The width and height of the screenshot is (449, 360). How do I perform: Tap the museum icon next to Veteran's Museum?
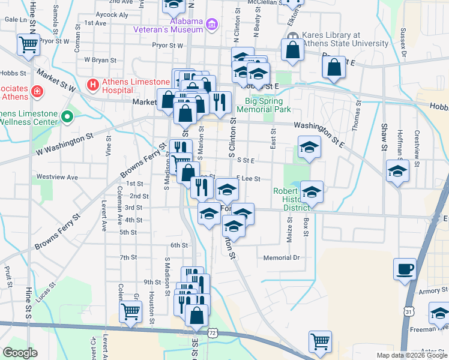211,25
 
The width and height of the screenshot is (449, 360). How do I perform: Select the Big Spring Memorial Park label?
264,105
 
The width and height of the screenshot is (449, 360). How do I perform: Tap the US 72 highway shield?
212,332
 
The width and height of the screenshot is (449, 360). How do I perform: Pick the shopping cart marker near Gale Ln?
29,44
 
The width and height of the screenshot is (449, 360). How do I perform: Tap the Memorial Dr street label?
281,258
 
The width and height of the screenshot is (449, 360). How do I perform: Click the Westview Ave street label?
57,177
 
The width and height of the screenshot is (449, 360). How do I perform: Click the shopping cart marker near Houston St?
131,311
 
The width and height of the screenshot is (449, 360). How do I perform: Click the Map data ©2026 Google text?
411,355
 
